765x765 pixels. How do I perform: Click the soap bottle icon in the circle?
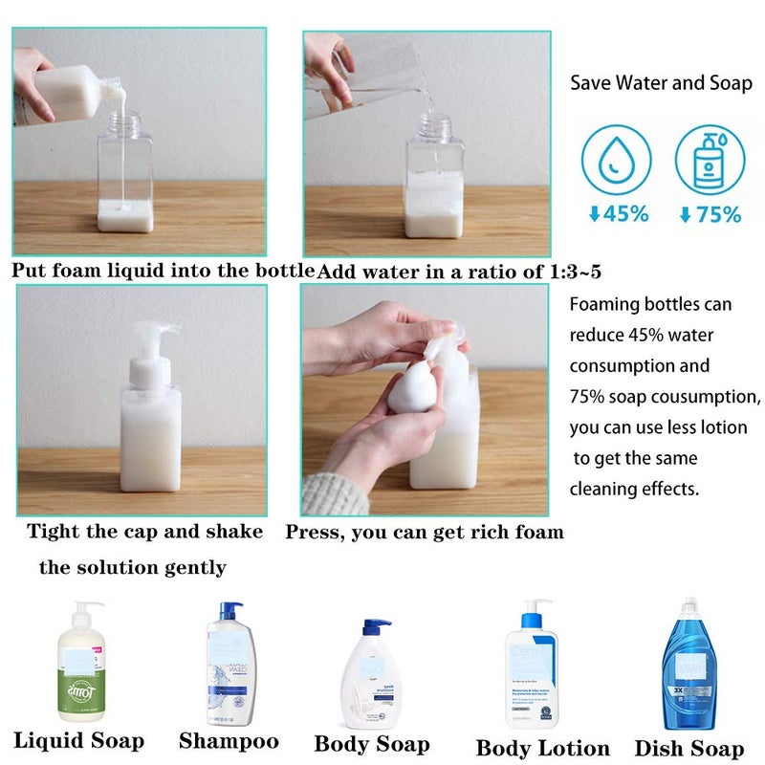pyautogui.click(x=709, y=157)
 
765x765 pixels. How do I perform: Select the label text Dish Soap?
pyautogui.click(x=689, y=748)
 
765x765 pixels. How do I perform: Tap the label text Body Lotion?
pyautogui.click(x=542, y=748)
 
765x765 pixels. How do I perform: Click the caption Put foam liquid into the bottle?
pyautogui.click(x=163, y=271)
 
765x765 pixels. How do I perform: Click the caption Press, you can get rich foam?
pyautogui.click(x=425, y=532)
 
